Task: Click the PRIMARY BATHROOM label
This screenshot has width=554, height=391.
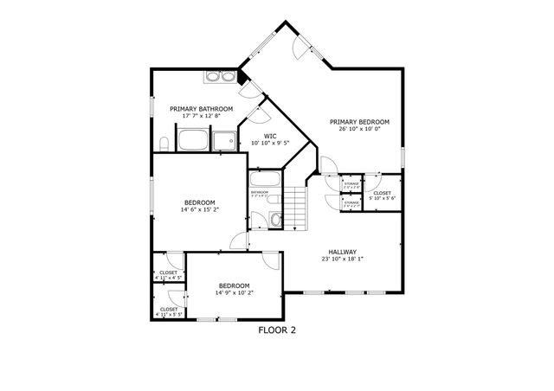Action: click(201, 108)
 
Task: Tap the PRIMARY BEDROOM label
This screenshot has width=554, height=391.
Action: click(359, 122)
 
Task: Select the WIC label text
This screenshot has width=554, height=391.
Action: click(270, 136)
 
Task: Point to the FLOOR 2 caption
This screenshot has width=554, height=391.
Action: click(277, 330)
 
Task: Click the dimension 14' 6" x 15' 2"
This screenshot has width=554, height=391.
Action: click(201, 209)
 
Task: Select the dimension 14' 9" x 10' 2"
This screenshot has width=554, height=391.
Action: click(234, 293)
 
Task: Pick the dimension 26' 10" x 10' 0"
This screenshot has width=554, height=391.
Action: click(359, 130)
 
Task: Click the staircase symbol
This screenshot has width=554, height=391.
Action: click(297, 208)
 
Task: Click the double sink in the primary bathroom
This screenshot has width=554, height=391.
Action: click(221, 78)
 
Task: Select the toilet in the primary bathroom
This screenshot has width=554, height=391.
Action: click(163, 143)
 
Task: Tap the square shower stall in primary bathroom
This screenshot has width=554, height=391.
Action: click(224, 141)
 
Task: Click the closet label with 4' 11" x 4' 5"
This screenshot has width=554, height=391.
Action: click(169, 275)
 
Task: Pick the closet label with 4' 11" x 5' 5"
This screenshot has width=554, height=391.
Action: click(169, 311)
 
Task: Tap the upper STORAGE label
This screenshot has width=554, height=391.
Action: click(351, 184)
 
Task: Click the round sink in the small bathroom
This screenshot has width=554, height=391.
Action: click(275, 220)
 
